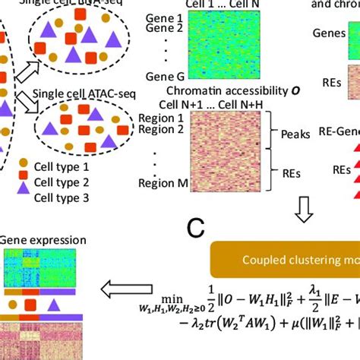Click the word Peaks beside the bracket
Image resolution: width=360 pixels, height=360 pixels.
coord(295,134)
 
